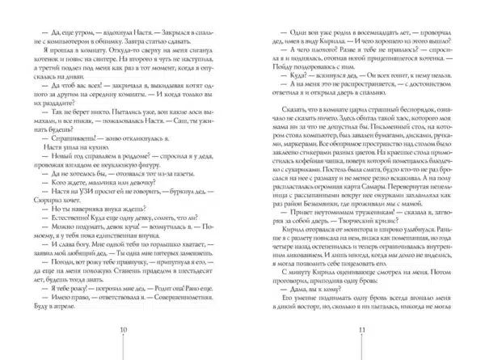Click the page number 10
tap(123, 331)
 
